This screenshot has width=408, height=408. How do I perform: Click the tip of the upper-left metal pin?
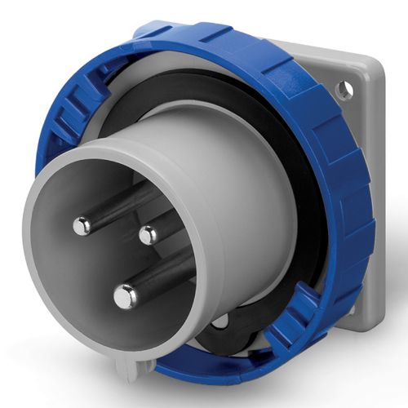pos(82,226)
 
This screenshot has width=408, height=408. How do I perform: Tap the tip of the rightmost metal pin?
pos(148,236)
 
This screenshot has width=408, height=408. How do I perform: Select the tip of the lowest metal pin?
pos(125,296)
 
